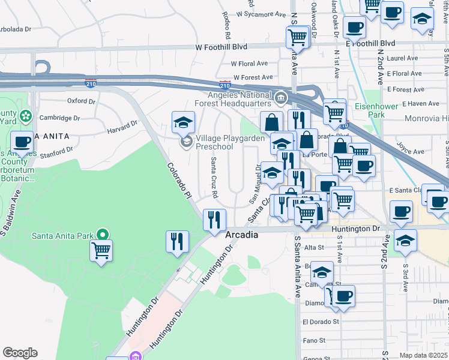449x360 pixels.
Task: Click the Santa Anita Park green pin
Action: [103, 235]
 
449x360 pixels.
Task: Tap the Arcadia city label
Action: [242, 235]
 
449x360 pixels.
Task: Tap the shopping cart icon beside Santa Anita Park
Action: [101, 250]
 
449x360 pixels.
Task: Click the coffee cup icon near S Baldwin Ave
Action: [22, 143]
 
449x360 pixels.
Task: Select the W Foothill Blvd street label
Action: [221, 47]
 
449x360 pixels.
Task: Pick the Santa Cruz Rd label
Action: [214, 178]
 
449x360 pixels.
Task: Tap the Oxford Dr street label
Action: [81, 101]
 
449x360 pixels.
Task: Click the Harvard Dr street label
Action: [124, 127]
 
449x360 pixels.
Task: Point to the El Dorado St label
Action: [321, 322]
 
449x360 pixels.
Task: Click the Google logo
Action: [20, 353]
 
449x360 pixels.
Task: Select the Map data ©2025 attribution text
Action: [424, 355]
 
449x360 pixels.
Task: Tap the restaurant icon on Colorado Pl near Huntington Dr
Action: [214, 220]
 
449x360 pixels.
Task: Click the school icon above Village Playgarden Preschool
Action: [184, 123]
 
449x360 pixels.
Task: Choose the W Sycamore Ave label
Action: [261, 13]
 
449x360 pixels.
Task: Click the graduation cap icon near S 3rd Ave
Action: [405, 240]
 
